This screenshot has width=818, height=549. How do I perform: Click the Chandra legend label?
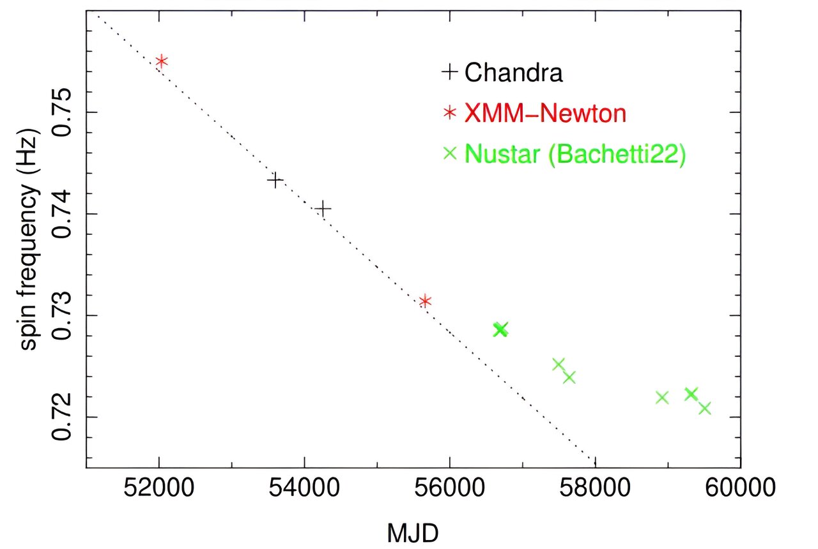(513, 72)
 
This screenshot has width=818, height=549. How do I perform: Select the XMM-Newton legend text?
(544, 113)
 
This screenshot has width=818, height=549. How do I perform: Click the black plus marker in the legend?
(451, 72)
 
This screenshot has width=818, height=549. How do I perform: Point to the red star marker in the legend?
(451, 113)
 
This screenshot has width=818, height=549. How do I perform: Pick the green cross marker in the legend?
(451, 153)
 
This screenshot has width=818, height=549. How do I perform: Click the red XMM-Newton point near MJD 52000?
(162, 61)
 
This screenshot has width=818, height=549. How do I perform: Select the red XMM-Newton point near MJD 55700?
(425, 301)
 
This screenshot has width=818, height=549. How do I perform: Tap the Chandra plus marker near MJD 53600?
(275, 181)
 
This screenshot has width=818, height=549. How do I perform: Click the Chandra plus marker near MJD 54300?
(323, 209)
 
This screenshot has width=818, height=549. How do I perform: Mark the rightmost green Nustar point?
(705, 408)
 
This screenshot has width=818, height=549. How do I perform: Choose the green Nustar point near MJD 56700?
(500, 329)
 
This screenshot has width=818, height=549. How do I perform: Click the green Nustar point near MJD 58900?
(662, 398)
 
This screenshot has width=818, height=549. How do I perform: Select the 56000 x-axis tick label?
(450, 494)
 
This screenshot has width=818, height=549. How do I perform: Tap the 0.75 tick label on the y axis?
(64, 112)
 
